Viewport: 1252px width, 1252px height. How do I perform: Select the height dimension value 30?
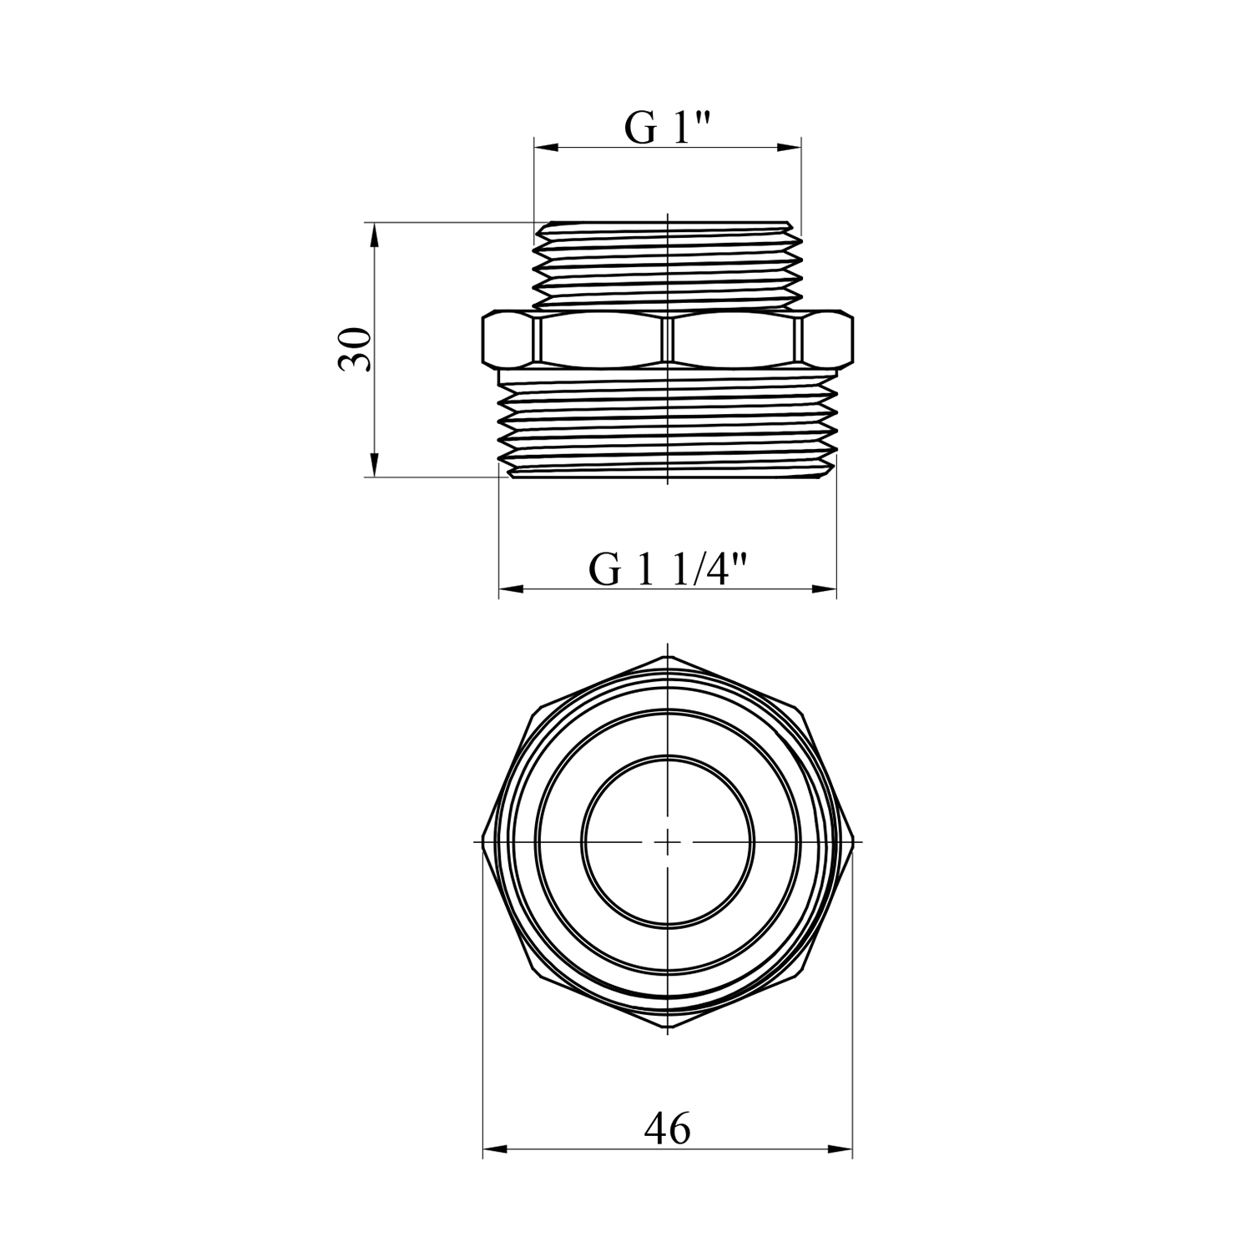click(354, 349)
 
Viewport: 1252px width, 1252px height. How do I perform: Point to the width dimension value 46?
click(668, 1129)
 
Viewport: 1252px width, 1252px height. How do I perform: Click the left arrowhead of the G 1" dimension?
click(546, 148)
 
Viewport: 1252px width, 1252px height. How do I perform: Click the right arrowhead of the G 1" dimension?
click(790, 148)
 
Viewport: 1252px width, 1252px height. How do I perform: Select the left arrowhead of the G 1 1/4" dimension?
click(511, 589)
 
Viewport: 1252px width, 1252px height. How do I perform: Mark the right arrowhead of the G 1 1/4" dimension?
click(825, 589)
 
